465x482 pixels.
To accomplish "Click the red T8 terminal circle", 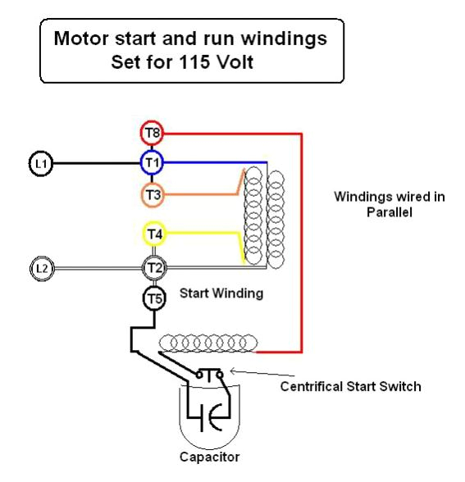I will pos(152,133).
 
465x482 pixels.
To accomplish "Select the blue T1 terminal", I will pos(152,162).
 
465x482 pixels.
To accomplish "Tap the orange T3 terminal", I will pos(152,194).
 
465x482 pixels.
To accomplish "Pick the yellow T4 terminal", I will pos(154,235).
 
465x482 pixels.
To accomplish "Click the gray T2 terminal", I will pos(154,267).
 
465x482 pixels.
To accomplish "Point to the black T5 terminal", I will pos(154,298).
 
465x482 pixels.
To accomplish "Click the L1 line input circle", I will pos(41,164).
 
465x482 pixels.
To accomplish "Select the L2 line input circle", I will pos(41,268).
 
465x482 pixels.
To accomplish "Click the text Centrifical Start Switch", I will pos(350,386).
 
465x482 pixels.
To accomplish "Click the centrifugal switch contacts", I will pos(209,375).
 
